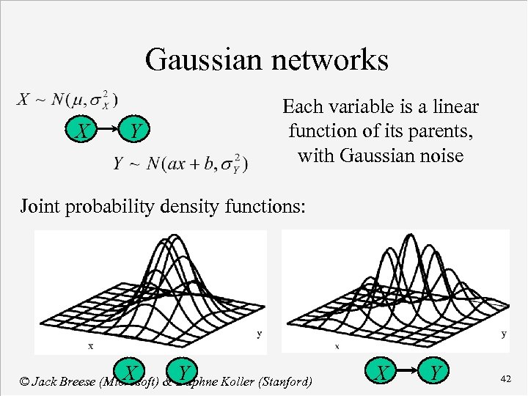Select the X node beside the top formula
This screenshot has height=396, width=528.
point(84,132)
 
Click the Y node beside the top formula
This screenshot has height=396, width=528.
point(133,132)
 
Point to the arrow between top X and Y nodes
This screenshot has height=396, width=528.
point(109,132)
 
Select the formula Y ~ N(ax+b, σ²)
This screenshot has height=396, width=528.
point(180,163)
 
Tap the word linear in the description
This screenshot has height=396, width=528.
point(457,107)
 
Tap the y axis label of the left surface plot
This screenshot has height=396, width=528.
point(260,334)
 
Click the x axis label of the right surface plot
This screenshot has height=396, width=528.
point(337,345)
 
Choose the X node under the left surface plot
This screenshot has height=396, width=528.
point(131,372)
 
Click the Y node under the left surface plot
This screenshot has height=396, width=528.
point(184,372)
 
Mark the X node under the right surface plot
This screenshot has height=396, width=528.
point(382,373)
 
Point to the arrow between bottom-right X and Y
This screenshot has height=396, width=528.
point(408,373)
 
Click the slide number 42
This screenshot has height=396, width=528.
point(505,378)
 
